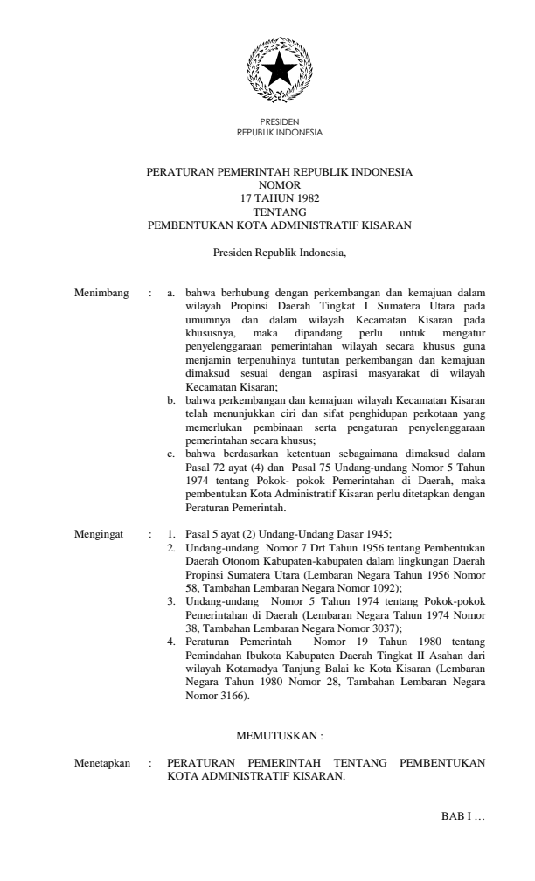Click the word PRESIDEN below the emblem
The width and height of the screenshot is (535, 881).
click(x=280, y=124)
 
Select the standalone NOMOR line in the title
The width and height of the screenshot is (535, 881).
click(x=280, y=185)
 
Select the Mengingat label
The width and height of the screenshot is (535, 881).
click(x=101, y=532)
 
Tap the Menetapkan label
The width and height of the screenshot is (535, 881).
click(x=103, y=763)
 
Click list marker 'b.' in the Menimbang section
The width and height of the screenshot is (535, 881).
click(x=172, y=400)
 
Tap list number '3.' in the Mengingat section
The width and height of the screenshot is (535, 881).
click(x=172, y=601)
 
